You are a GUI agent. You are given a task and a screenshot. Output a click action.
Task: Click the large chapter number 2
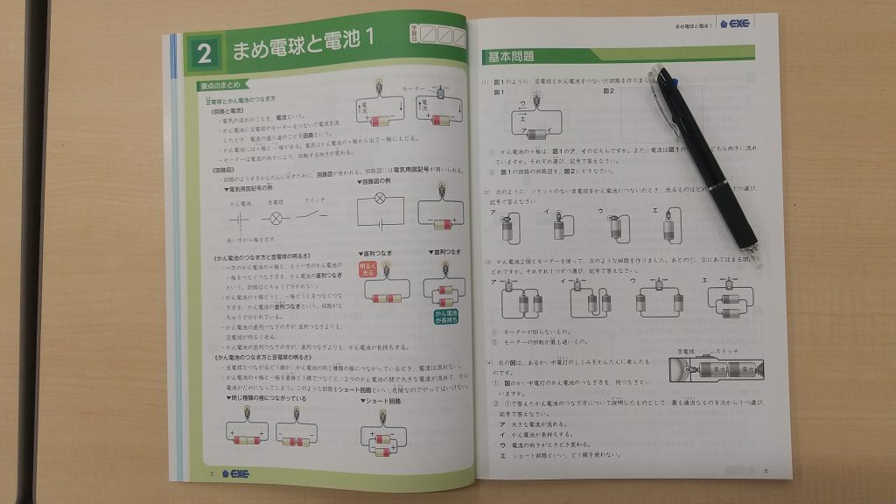(205, 54)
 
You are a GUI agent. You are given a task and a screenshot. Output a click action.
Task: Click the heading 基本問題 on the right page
(510, 57)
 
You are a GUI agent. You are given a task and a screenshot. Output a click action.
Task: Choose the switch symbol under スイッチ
(316, 215)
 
